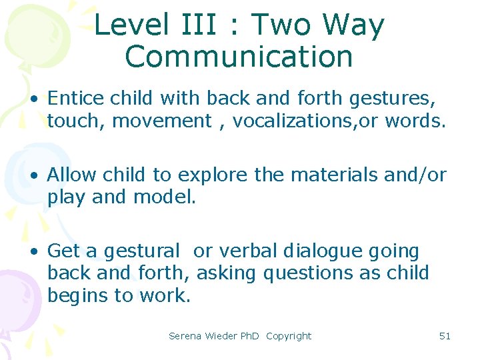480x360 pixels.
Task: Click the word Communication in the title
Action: click(x=239, y=57)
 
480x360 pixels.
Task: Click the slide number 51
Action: click(x=445, y=336)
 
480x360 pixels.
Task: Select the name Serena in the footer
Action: click(x=185, y=336)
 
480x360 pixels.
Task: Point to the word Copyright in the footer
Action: click(x=289, y=336)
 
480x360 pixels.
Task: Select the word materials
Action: click(x=333, y=175)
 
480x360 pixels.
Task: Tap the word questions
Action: click(x=311, y=273)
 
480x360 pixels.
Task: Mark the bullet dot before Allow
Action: click(x=33, y=176)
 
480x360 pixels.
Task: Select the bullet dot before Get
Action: click(x=33, y=252)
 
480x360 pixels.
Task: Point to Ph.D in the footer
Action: click(x=249, y=336)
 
